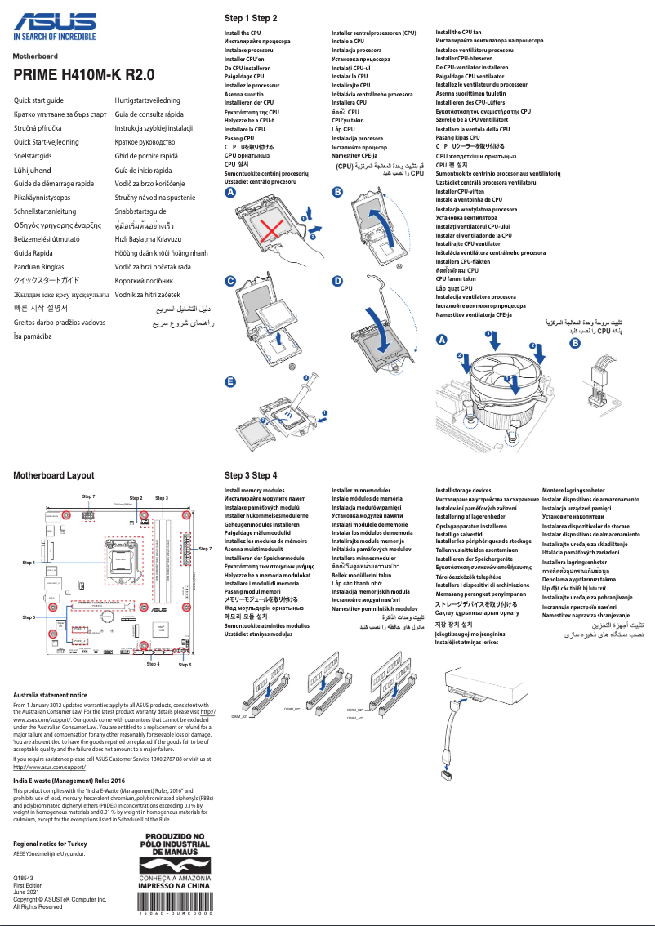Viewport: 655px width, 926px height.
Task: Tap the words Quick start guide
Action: click(x=38, y=100)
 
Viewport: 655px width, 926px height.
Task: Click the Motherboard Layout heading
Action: click(x=53, y=475)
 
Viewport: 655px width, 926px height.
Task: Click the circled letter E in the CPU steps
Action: click(x=230, y=382)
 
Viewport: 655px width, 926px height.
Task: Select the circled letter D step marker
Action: click(x=337, y=280)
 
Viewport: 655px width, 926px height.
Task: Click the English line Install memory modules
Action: click(x=254, y=491)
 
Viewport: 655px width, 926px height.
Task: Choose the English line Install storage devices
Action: click(x=463, y=491)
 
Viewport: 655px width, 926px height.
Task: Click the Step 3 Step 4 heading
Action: click(x=251, y=475)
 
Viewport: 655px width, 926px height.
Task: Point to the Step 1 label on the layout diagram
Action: click(x=29, y=563)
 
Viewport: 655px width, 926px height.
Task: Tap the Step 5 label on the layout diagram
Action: click(x=29, y=617)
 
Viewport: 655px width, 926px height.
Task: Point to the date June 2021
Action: click(x=27, y=892)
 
